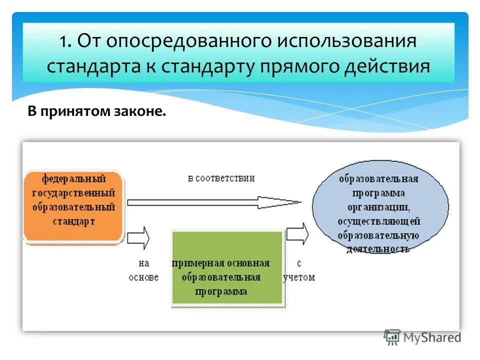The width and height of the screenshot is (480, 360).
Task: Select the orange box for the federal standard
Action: (73, 206)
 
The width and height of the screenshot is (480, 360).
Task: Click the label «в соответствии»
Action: (221, 178)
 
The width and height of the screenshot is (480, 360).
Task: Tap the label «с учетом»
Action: (299, 270)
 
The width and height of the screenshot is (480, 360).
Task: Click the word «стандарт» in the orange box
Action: (74, 221)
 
